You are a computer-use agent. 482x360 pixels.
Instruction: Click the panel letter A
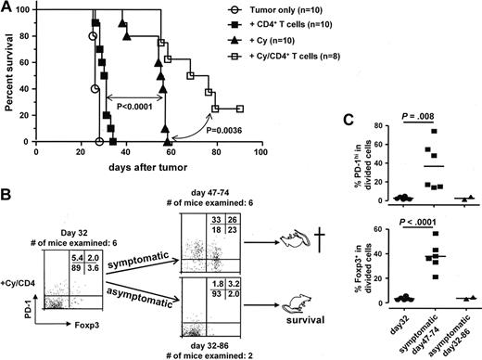[8, 8]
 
